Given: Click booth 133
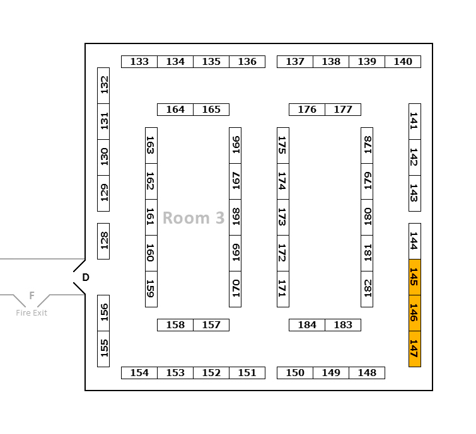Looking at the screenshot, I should tap(139, 62).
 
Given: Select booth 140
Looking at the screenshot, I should tap(403, 62).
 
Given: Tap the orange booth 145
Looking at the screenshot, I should tap(414, 277).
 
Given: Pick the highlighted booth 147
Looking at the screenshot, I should tap(414, 348).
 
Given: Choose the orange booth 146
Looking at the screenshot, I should tap(414, 312).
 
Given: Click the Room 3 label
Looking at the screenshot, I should tap(194, 218).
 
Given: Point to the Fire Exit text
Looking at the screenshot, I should tap(32, 313).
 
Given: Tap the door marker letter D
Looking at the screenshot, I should tap(86, 277).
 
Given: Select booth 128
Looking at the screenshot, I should tap(103, 241).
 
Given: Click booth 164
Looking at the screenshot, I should tap(175, 110).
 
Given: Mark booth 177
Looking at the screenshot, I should tap(343, 110).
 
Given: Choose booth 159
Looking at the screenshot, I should tap(151, 288).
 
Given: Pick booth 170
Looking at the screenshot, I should tap(235, 288).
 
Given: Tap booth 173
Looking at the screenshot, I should tap(283, 217).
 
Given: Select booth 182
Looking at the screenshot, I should tap(367, 288).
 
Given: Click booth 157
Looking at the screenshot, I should tap(211, 325).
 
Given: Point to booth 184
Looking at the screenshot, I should tap(307, 325).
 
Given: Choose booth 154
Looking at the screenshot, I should tap(139, 373).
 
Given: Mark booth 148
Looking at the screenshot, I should tap(367, 373).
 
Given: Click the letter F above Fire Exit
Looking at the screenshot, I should tap(32, 295).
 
